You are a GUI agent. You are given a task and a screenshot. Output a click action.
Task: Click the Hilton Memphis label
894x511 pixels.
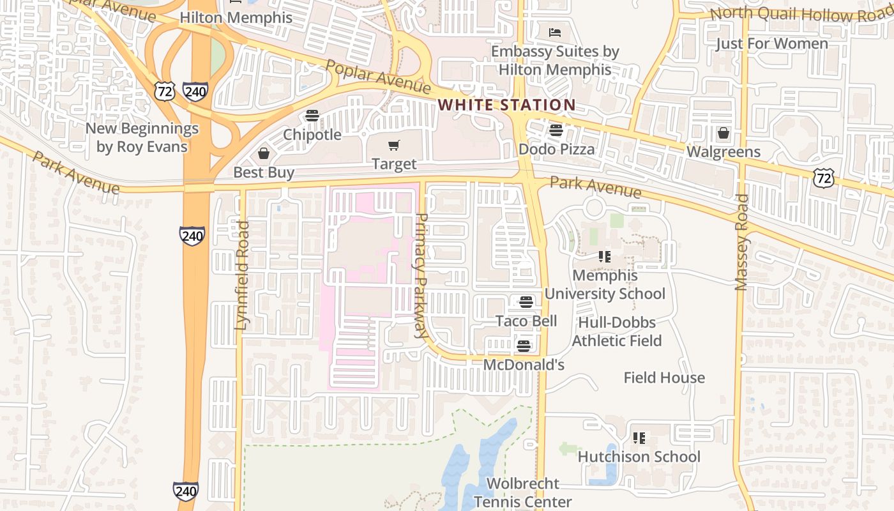236,17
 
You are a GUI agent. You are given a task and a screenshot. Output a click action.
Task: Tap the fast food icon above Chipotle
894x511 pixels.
312,116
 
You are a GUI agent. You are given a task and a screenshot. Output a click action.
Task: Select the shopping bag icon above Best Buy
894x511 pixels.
263,153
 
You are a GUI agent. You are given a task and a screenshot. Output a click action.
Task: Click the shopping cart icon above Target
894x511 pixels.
394,146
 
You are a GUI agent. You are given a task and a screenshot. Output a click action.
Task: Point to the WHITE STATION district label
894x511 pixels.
506,105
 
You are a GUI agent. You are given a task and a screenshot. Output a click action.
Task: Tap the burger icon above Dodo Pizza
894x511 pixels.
556,131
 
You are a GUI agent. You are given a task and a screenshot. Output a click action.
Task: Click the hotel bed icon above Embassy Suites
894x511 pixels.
555,32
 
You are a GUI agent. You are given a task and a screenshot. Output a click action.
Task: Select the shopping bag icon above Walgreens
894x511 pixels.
724,133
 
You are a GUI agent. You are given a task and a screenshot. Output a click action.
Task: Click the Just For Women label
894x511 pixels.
771,43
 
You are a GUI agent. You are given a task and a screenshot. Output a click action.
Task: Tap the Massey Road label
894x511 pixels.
741,242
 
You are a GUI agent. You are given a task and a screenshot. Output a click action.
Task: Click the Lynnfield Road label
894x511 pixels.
241,275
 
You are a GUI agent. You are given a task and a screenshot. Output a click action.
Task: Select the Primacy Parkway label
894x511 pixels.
421,275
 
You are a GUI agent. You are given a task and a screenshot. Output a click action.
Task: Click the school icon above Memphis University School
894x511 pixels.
604,257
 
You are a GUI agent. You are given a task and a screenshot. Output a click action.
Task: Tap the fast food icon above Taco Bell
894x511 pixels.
526,302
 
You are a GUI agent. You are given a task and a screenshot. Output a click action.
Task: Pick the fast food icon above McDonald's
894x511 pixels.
524,346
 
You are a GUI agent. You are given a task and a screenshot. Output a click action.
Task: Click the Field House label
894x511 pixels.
664,378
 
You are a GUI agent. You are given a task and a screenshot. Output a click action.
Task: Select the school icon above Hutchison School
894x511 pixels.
639,438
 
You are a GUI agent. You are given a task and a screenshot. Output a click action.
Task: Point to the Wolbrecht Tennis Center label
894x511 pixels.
522,492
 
